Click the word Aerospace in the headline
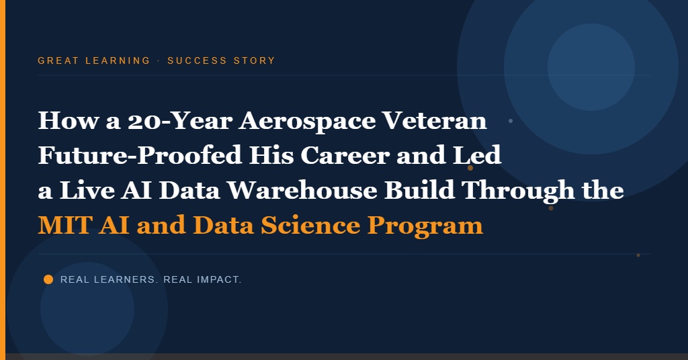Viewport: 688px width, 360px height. click(x=306, y=121)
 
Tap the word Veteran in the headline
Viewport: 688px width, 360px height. click(x=435, y=121)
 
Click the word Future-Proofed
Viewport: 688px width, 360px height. click(x=140, y=155)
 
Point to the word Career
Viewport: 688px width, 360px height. click(x=345, y=155)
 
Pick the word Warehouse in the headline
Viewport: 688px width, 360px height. click(x=302, y=190)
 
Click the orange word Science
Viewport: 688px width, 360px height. click(x=310, y=225)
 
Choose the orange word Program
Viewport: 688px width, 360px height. click(x=425, y=226)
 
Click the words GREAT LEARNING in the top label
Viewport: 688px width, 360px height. click(x=94, y=60)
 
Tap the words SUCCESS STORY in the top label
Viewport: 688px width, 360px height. click(x=221, y=60)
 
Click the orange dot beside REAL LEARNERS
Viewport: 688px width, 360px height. click(x=48, y=279)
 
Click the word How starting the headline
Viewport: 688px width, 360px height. click(x=69, y=121)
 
